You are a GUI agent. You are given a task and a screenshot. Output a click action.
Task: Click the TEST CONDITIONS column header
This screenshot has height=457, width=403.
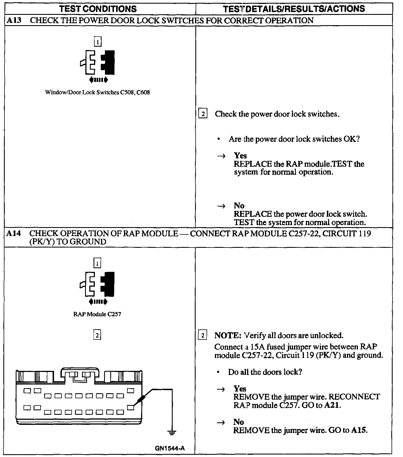[98, 9]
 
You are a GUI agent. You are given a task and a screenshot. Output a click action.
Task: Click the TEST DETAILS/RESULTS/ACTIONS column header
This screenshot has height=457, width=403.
[294, 9]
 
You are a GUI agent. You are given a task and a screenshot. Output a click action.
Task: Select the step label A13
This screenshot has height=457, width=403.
[14, 20]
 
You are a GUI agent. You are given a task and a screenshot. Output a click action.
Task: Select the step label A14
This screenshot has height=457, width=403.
[14, 233]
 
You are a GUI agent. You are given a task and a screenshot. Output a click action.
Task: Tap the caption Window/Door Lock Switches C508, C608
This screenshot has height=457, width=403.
[97, 92]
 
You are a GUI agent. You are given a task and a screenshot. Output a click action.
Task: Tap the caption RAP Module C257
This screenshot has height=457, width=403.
[97, 314]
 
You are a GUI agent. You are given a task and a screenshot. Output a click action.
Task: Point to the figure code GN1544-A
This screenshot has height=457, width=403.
[170, 448]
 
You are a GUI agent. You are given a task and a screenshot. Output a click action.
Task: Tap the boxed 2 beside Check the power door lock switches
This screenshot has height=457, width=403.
[203, 114]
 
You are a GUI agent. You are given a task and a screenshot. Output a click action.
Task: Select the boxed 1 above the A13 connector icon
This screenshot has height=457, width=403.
[97, 42]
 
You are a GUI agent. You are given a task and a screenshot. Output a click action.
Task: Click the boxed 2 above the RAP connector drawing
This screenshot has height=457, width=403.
[97, 335]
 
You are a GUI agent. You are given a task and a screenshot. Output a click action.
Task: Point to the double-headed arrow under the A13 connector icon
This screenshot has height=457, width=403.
[98, 80]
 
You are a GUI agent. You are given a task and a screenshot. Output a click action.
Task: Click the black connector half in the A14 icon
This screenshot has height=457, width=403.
[108, 284]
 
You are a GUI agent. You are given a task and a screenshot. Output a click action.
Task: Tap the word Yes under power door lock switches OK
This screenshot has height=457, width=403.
[240, 156]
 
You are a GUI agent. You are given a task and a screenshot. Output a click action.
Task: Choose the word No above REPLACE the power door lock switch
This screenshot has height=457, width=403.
[239, 206]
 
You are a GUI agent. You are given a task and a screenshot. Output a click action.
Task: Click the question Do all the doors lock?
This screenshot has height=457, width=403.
[265, 372]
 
